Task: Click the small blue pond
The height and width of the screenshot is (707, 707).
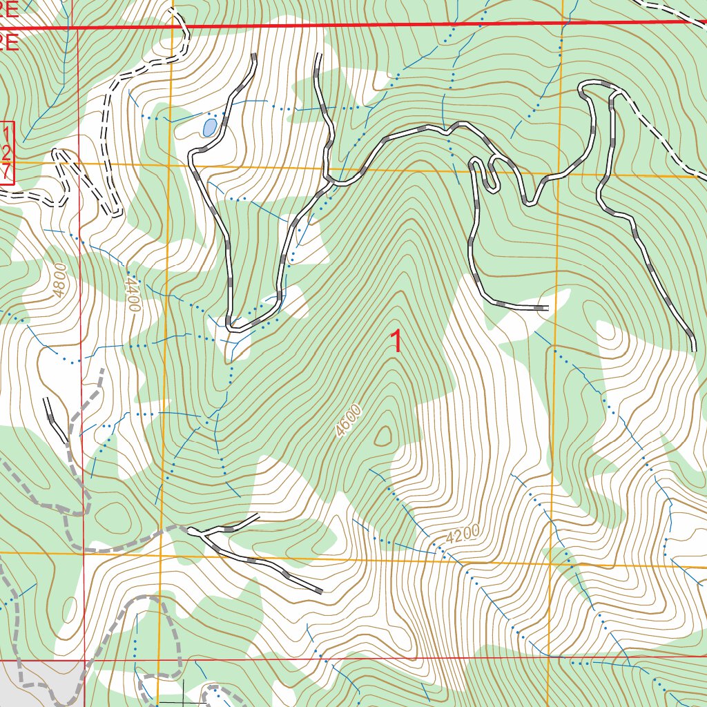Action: (x=209, y=126)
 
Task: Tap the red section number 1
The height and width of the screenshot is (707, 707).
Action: (x=396, y=341)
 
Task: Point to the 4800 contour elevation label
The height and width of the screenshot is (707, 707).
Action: (x=59, y=279)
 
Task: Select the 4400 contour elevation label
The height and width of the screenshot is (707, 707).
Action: (x=132, y=293)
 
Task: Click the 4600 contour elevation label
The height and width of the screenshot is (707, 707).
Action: (x=349, y=421)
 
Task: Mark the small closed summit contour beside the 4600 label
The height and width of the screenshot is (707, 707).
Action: (x=382, y=436)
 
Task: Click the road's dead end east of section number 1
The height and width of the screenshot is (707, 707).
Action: (x=547, y=307)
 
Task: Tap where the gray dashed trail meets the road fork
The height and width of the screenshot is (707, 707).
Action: (x=189, y=530)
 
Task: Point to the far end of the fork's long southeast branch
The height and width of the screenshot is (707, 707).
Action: (x=320, y=591)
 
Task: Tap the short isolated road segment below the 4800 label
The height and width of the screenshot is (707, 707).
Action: (x=55, y=420)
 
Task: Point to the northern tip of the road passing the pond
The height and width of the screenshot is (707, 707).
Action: (x=254, y=55)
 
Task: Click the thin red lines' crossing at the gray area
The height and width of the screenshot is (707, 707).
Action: (x=84, y=660)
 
